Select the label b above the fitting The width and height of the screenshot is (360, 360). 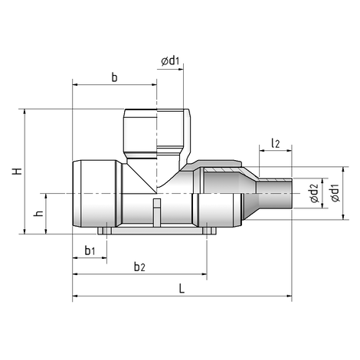pyautogui.click(x=114, y=77)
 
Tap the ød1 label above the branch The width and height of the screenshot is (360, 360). pyautogui.click(x=171, y=61)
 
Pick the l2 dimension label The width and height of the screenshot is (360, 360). pyautogui.click(x=275, y=142)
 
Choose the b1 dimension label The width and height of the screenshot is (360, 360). pyautogui.click(x=90, y=250)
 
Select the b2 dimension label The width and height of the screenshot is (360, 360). pyautogui.click(x=139, y=266)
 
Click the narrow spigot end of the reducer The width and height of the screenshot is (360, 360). pyautogui.click(x=276, y=196)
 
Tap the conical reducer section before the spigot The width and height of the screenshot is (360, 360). pyautogui.click(x=249, y=195)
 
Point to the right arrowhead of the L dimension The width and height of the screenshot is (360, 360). pyautogui.click(x=290, y=295)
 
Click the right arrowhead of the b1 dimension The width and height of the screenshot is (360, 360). pyautogui.click(x=104, y=259)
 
